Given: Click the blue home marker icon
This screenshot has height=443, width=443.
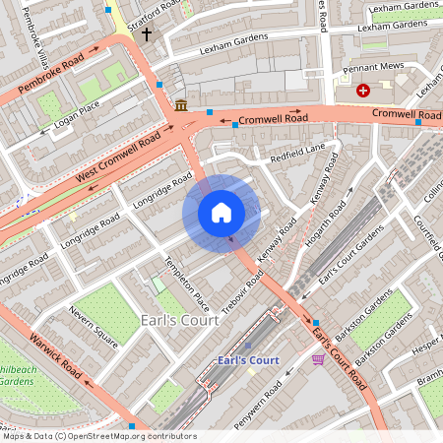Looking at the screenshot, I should point(221,213).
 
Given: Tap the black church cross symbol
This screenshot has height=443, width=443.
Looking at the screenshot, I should point(147,34).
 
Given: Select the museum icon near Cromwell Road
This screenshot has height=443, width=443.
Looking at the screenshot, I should point(181,105).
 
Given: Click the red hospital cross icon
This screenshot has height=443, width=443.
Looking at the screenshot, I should point(363,91).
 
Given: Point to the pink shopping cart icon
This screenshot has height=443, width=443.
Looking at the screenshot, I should point(317,359).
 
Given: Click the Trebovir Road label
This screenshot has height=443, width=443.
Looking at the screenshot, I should point(241,286).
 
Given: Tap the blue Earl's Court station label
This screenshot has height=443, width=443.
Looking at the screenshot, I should point(248,360).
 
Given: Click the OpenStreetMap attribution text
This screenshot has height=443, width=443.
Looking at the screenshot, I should point(98,436).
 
